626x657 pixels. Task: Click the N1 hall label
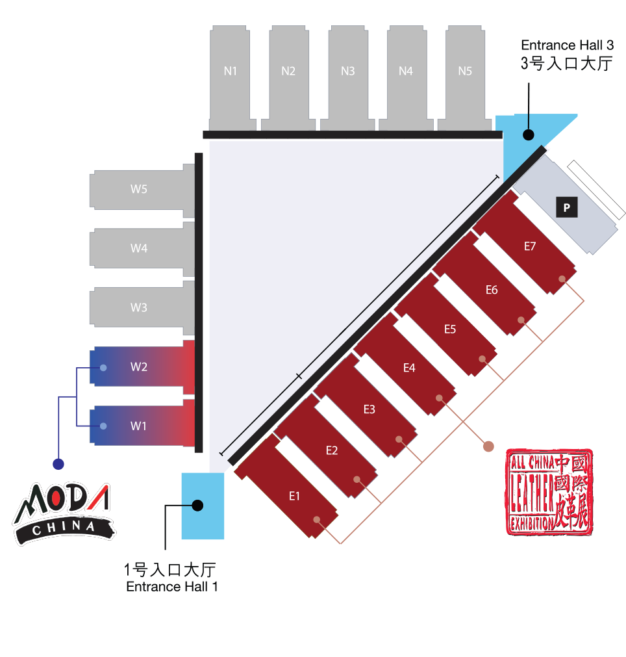tap(230, 71)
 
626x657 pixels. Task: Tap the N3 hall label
tap(347, 71)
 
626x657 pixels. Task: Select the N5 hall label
tap(465, 71)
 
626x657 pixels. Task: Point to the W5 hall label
tap(139, 189)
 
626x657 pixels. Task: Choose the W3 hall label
tap(139, 307)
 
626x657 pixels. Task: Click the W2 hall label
tap(139, 367)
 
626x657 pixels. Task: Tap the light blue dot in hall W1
tap(103, 426)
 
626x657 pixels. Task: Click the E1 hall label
tap(294, 496)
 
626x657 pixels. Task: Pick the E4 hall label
tap(409, 368)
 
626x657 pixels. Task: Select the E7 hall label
tap(530, 246)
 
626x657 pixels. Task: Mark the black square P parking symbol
tap(567, 207)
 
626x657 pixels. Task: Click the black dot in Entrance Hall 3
tap(529, 135)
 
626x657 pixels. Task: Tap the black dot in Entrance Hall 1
tap(198, 505)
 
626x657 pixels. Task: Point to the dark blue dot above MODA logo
tap(58, 464)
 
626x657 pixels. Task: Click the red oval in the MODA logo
tap(56, 500)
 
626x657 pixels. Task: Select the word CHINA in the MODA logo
tap(64, 528)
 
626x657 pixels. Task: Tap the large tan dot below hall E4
tap(488, 446)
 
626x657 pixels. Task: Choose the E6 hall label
tap(492, 290)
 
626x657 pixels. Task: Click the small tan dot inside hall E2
tap(357, 480)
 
